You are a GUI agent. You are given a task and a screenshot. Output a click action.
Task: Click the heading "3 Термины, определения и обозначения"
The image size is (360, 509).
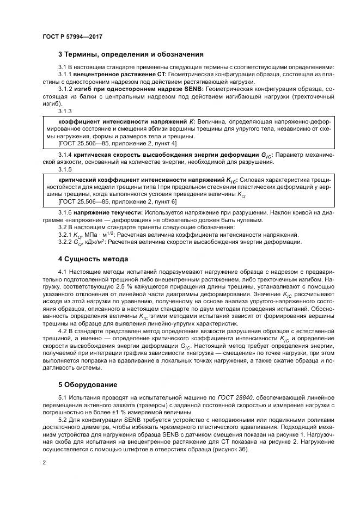[x=131, y=54]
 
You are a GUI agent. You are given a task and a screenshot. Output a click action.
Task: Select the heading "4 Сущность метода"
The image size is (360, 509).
[x=93, y=259]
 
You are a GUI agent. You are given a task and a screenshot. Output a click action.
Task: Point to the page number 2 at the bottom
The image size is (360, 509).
[x=44, y=463]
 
